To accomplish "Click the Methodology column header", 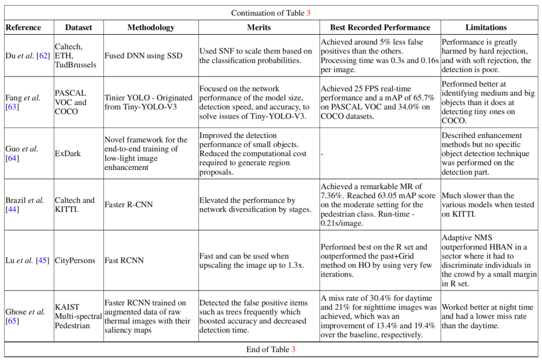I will [151, 28].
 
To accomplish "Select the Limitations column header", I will [486, 28].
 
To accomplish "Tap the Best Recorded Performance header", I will [380, 28].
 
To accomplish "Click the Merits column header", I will [259, 28].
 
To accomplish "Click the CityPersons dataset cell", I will [75, 260].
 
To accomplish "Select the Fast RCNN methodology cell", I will [124, 260].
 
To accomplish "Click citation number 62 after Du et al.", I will [43, 55].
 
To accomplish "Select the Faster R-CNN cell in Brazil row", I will [129, 205].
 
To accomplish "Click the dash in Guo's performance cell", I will [322, 154].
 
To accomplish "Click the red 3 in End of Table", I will [293, 349].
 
